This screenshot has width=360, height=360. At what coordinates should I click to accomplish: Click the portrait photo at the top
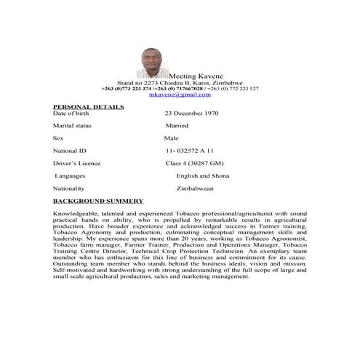click(x=152, y=63)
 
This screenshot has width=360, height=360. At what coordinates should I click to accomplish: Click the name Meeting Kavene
click(x=196, y=76)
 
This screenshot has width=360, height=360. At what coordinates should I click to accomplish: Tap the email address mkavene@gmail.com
click(x=180, y=95)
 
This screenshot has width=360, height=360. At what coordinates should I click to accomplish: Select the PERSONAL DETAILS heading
click(x=89, y=107)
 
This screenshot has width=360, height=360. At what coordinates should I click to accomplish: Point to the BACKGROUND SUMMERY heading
click(x=98, y=200)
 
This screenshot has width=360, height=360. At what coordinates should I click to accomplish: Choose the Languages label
click(x=71, y=175)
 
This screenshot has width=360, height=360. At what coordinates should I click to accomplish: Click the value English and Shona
click(x=203, y=175)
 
